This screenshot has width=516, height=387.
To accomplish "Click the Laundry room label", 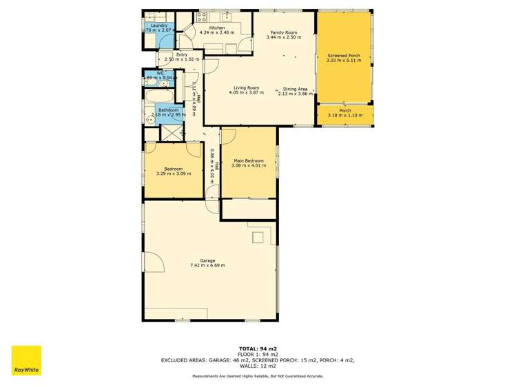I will click(159, 25).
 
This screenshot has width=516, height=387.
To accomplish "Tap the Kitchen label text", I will click(216, 28).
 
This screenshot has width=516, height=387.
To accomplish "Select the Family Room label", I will click(284, 32).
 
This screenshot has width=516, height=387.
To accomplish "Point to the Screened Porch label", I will click(344, 55).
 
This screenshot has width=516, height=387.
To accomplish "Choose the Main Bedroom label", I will click(248, 160).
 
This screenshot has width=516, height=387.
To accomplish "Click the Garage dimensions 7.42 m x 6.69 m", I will click(207, 265).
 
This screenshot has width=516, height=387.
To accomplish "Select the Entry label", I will click(182, 54).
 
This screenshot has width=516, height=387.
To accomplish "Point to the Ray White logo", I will click(26, 360).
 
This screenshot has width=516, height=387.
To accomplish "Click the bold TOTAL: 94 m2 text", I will click(258, 349).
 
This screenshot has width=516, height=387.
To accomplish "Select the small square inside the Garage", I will click(258, 238).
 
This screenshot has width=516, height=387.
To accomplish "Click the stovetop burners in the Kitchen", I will click(203, 16).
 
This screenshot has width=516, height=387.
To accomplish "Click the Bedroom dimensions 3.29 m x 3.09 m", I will click(173, 173).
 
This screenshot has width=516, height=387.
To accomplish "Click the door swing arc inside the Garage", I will click(154, 262).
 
